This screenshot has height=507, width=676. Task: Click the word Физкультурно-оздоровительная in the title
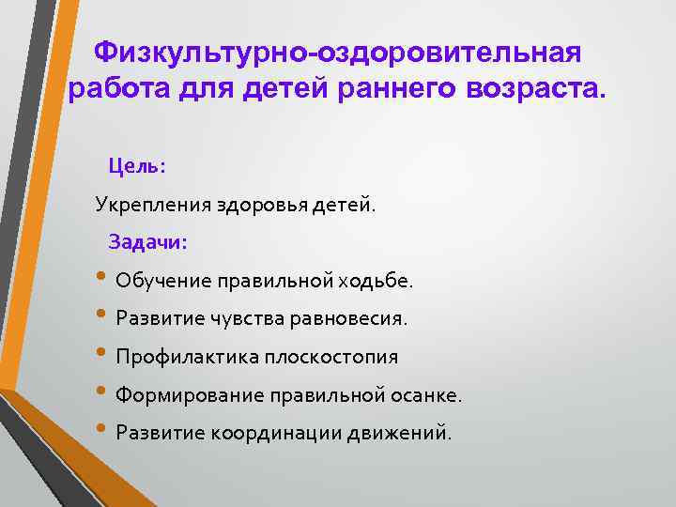pos(339,53)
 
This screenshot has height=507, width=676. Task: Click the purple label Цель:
pos(137,165)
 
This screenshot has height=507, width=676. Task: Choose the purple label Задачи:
pos(148,241)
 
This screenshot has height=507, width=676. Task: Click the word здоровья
pos(253,205)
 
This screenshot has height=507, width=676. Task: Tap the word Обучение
pos(163,281)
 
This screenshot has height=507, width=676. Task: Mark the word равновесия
pos(347,319)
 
